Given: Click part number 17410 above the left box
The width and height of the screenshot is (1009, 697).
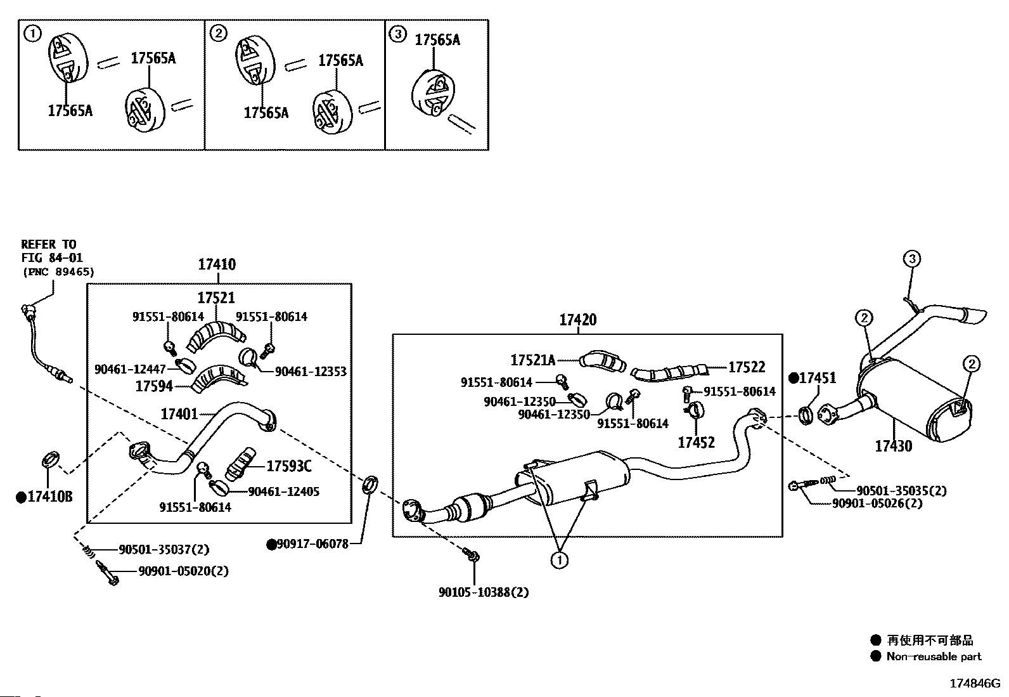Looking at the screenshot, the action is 217,264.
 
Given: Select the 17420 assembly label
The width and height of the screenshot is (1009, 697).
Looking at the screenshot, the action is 578,320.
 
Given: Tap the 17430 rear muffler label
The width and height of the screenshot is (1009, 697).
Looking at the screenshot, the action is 893,446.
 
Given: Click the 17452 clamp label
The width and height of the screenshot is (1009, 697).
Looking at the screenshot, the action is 697,442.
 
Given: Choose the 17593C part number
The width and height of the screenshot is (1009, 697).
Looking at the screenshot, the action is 289,466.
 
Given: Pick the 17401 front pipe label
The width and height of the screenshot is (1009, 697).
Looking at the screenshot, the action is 179,414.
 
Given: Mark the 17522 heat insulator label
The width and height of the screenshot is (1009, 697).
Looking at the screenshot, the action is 747,367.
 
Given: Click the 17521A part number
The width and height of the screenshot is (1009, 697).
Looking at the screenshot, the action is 533,360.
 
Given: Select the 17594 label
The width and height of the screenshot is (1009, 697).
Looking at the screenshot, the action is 154,386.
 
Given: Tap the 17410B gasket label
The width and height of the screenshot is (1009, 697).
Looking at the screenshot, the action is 49,497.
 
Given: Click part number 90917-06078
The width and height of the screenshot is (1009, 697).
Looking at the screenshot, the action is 312,544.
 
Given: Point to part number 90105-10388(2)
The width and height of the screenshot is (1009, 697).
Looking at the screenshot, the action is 484,592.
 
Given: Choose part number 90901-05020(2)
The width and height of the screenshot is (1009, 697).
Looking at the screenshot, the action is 183,571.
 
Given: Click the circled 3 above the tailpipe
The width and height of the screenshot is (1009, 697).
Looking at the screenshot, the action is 912,259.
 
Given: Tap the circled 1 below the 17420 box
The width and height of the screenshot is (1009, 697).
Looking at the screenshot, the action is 560,560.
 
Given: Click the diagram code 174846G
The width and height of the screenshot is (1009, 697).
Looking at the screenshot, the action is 975,684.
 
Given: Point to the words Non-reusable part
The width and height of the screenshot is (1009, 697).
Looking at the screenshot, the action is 934,656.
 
